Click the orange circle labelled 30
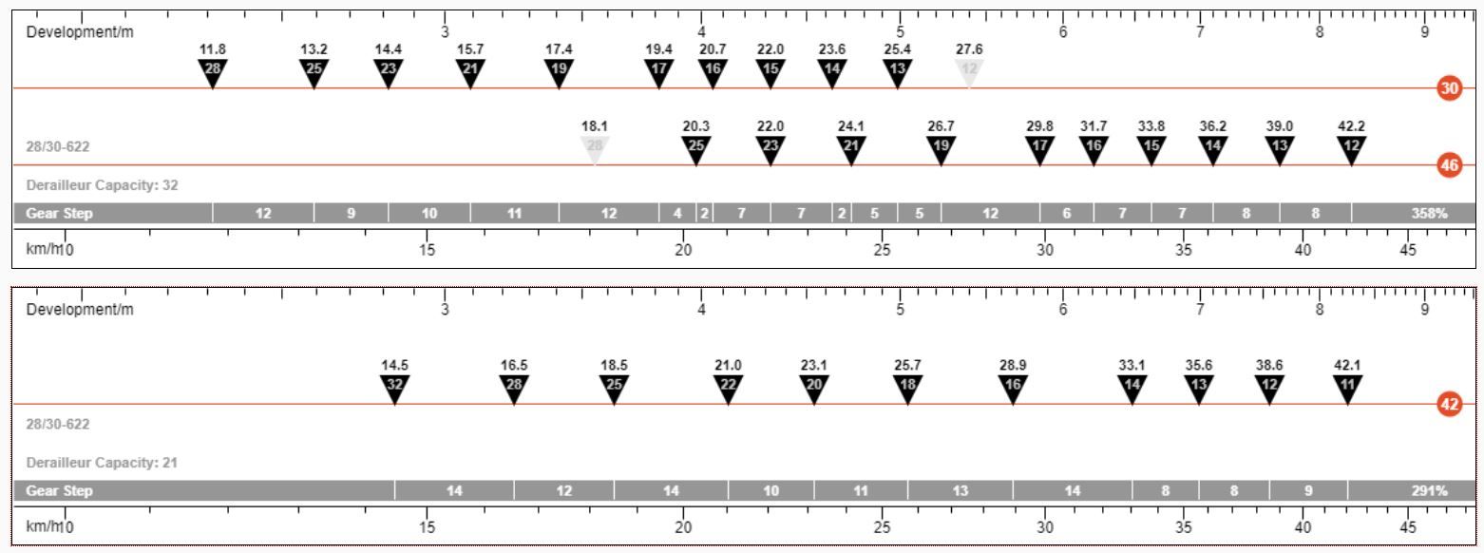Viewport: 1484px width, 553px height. pos(1450,88)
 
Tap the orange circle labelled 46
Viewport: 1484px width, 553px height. pos(1450,165)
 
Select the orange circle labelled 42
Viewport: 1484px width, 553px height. pos(1450,404)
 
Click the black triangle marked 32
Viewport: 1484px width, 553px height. pos(395,388)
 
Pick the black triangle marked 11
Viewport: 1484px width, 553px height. pos(1347,388)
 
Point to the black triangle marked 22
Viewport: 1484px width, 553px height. pos(728,388)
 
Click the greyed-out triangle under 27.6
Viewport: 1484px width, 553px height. pos(969,72)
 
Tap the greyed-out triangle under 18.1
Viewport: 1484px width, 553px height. pos(594,149)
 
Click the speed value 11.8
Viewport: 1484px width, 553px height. pos(213,49)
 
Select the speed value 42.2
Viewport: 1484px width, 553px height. pos(1352,125)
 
